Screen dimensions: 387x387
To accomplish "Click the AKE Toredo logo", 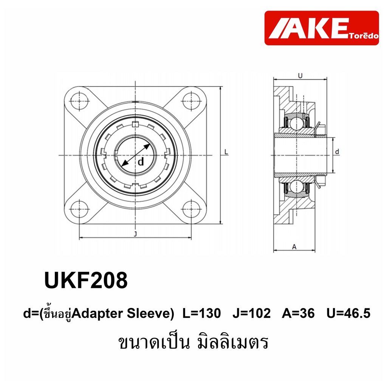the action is pos(321,28).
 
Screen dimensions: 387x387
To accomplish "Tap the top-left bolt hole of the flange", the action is pos(79,101).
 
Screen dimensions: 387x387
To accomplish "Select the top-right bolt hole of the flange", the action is pos(191,101).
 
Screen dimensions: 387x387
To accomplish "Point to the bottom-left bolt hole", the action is pos(79,209).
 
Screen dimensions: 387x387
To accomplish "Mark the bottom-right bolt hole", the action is pos(191,209).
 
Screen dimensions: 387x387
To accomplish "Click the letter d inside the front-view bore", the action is pos(141,162).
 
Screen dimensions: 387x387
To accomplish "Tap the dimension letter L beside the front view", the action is pos(226,152).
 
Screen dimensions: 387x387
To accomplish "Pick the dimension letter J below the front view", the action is pos(135,234).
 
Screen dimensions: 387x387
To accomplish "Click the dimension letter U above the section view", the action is pos(300,76).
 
